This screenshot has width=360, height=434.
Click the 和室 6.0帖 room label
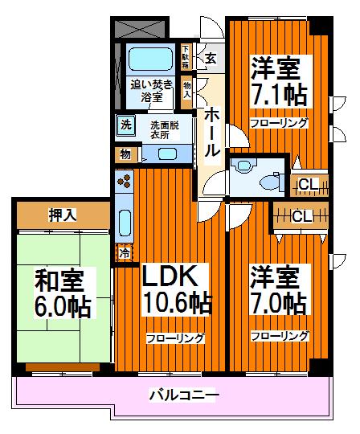62,293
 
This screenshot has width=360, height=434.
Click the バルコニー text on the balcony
183,395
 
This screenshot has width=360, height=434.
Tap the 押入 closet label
62,215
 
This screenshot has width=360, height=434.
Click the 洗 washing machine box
125,125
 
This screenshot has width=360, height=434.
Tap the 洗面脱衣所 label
165,129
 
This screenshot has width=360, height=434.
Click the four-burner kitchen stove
126,184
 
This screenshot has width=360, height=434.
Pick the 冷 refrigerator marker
125,252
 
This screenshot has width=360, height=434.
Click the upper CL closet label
307,185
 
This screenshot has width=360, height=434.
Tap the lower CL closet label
301,216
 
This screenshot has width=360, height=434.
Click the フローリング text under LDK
174,338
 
